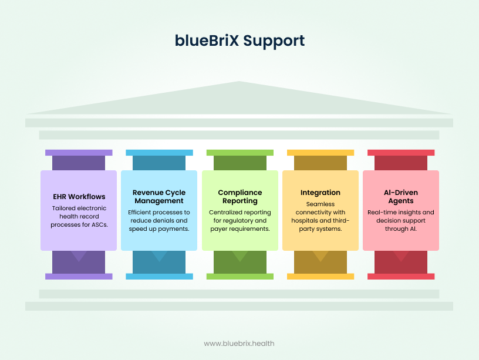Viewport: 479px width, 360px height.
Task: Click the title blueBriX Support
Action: point(239,41)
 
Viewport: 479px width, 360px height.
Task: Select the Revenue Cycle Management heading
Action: point(159,197)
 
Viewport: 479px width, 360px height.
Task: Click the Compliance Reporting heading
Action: point(239,197)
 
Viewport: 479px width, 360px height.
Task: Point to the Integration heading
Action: point(320,193)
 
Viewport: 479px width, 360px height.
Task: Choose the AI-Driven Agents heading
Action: point(401,197)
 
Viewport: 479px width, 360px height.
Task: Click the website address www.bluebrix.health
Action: point(239,344)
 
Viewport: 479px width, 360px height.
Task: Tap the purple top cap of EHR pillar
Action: point(79,153)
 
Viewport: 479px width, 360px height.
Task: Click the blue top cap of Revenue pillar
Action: point(159,153)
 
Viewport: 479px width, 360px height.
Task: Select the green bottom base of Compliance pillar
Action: point(239,276)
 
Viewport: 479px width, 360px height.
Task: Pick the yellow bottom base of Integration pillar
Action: point(320,276)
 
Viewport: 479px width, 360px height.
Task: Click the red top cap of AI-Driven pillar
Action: point(401,153)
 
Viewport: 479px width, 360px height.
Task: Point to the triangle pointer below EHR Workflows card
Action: point(79,255)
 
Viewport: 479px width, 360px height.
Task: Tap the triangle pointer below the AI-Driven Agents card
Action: point(401,255)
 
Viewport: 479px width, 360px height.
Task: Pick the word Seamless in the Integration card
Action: point(320,204)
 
